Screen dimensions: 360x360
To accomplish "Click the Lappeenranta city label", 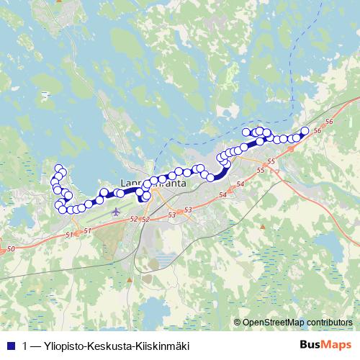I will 156,184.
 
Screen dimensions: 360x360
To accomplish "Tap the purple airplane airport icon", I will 117,212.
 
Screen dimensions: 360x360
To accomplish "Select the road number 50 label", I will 10,248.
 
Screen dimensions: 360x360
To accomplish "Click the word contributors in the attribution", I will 332,323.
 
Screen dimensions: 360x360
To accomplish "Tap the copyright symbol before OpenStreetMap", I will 238,323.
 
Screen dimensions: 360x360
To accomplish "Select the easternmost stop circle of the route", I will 305,130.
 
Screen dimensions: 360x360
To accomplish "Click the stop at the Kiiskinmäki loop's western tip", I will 246,132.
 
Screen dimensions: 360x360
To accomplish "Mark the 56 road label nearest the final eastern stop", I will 328,123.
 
